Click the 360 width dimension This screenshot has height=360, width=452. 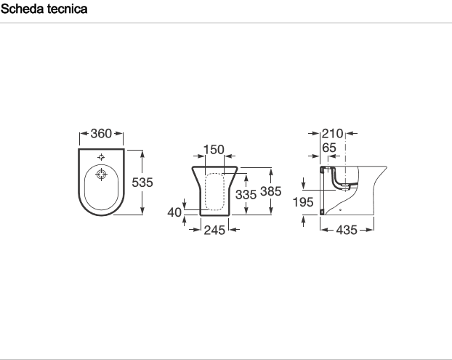[101, 134]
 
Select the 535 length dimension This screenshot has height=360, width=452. [142, 183]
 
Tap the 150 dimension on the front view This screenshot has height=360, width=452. [214, 150]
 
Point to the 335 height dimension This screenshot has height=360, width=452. [246, 195]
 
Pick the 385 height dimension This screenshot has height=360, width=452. [270, 191]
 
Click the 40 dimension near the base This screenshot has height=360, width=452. [174, 212]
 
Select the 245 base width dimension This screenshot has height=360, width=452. [214, 231]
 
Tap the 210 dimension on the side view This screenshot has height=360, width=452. [332, 134]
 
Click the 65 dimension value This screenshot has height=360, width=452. [329, 148]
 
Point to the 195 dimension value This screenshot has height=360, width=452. [303, 202]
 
